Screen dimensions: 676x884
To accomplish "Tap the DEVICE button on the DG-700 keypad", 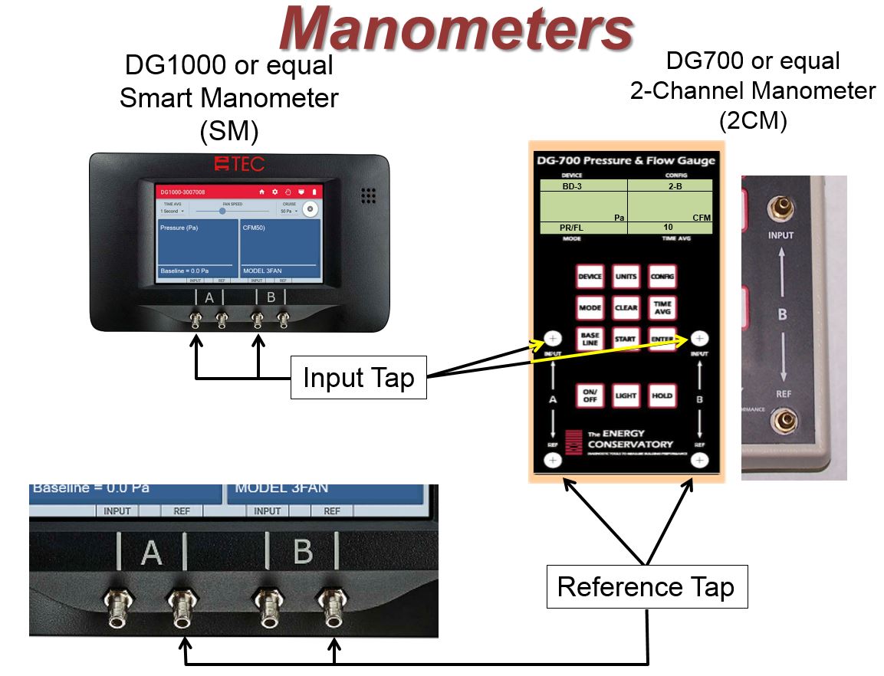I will (x=590, y=277).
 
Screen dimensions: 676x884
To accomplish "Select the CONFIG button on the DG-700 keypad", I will (x=662, y=277).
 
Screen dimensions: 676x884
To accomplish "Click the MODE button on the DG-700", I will (x=590, y=307).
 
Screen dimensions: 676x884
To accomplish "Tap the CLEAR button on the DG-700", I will (x=626, y=307).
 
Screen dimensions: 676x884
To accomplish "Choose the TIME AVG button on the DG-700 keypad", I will (x=662, y=307).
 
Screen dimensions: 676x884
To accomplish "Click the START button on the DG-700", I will (x=626, y=338).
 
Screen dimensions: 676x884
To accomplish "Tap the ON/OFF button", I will (x=590, y=395).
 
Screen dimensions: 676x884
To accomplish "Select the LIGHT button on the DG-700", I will (x=626, y=395).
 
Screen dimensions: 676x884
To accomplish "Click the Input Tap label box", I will (x=359, y=378).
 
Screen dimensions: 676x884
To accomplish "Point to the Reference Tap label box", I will (x=646, y=587).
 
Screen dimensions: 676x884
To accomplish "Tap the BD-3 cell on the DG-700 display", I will (x=583, y=185).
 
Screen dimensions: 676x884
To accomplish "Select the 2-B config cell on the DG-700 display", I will (x=669, y=185).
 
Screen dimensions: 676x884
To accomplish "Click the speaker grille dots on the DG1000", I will (x=369, y=195).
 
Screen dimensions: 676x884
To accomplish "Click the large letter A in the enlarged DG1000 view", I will (x=152, y=552).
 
